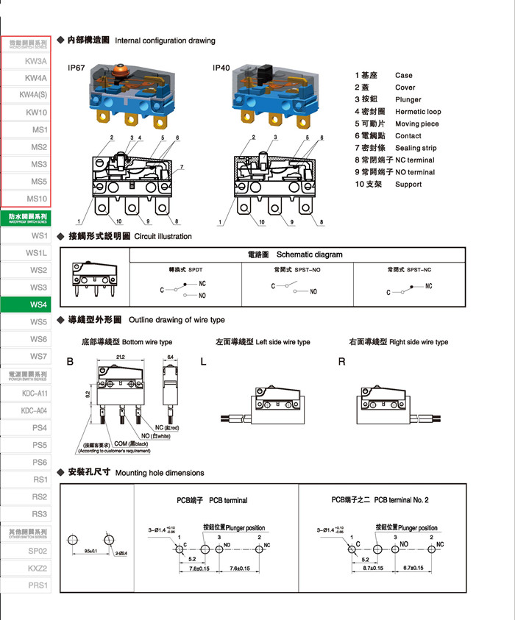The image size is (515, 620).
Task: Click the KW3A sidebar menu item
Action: point(35,61)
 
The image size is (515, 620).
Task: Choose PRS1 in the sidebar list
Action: point(38,585)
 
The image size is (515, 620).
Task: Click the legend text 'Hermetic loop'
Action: point(418,112)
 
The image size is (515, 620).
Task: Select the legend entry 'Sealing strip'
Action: point(416,148)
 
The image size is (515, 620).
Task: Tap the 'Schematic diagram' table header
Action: point(309,254)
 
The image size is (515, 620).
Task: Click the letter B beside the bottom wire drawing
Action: point(71,361)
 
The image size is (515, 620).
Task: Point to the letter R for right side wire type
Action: point(341,361)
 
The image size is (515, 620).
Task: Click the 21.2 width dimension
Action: point(120,357)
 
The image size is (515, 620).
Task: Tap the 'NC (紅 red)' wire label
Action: point(168,427)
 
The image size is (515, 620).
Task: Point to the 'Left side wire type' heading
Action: point(263,342)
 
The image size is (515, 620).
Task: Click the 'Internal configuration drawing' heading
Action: point(166,40)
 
